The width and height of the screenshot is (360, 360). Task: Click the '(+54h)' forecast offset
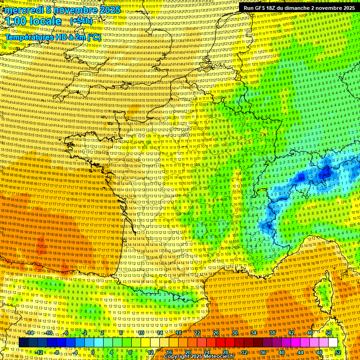point(81,21)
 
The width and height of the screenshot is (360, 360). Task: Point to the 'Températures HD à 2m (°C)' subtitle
point(52,37)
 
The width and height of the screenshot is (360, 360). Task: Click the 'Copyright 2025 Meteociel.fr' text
point(198,356)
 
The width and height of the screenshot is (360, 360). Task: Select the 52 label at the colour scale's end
point(337,352)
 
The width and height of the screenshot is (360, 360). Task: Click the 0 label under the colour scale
point(93,352)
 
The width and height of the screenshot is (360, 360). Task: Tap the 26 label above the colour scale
point(216,332)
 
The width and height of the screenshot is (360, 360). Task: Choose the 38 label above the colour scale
point(272,332)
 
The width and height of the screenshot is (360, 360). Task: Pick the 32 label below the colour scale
point(244,352)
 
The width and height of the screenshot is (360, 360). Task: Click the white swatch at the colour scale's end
point(333,343)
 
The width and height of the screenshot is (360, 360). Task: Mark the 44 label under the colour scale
point(300,352)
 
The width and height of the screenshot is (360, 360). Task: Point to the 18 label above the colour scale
point(178,332)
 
